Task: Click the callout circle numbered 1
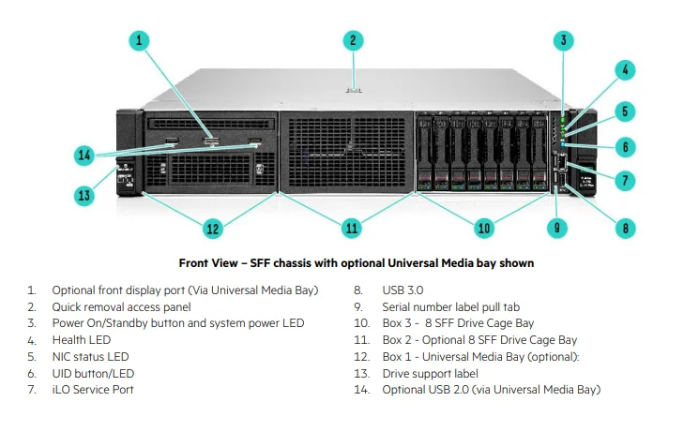click(x=139, y=39)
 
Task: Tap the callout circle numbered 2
click(x=353, y=39)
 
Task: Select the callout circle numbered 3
click(x=563, y=39)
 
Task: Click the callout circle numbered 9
click(x=556, y=226)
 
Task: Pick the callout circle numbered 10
click(x=484, y=227)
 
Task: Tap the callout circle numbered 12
click(x=213, y=227)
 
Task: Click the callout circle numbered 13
click(x=84, y=195)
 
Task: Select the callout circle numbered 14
click(x=84, y=155)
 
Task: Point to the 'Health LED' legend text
click(x=81, y=340)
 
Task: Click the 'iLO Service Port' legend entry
click(x=92, y=389)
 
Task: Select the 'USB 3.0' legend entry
click(x=403, y=290)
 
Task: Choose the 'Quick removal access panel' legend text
click(x=121, y=307)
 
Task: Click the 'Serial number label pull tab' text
click(x=451, y=307)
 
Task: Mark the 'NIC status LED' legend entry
click(x=90, y=356)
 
